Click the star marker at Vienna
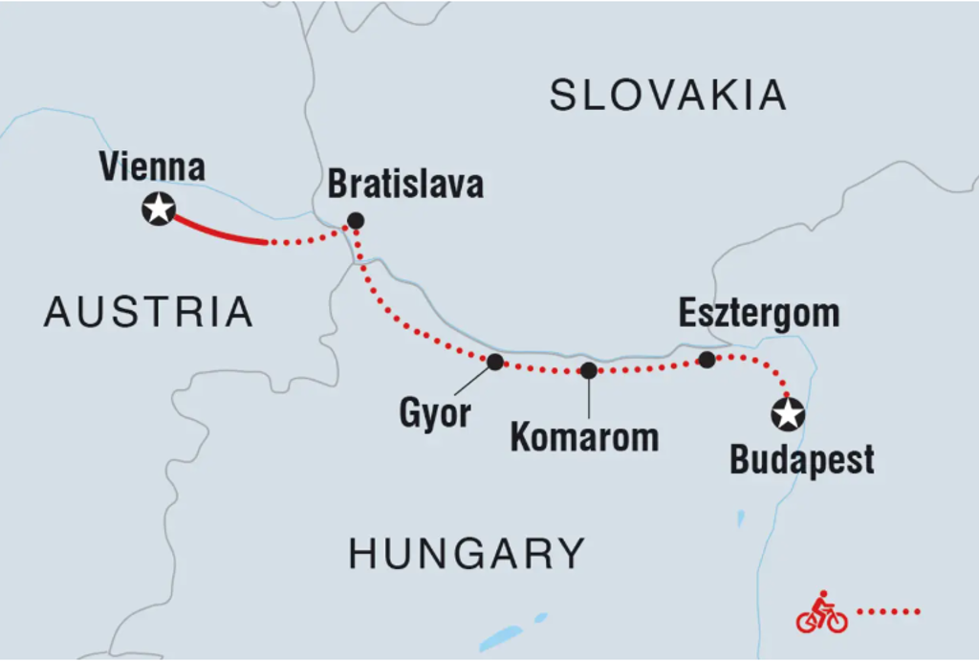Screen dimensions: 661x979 158,209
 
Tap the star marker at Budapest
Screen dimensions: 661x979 788,415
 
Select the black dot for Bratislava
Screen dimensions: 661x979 356,221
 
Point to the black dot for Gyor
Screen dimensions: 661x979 495,362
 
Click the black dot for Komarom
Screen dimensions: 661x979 589,370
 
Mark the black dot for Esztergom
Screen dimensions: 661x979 707,360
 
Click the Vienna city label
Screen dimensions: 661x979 152,167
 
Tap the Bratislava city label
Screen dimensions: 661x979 405,184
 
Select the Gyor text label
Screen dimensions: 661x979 435,413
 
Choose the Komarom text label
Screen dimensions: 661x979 584,437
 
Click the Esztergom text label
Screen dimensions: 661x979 759,313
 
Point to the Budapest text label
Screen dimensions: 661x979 802,460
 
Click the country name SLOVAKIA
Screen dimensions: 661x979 668,96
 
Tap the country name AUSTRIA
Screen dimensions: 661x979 148,312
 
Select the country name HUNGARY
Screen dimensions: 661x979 467,553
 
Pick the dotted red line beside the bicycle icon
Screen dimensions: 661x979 888,610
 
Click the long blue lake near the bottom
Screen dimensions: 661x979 501,637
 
